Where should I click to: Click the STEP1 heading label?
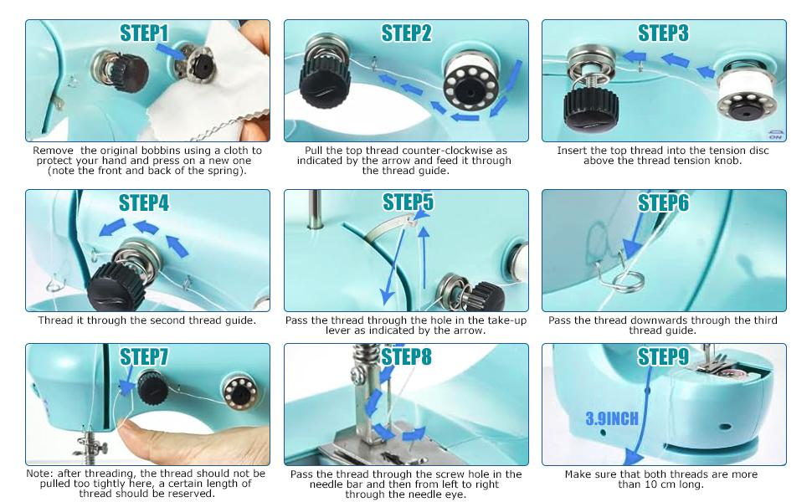click(x=144, y=33)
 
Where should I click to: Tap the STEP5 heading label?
click(x=408, y=202)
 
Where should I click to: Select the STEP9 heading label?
click(x=663, y=357)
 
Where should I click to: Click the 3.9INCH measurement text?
click(x=612, y=418)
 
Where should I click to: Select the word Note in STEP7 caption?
click(x=39, y=474)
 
